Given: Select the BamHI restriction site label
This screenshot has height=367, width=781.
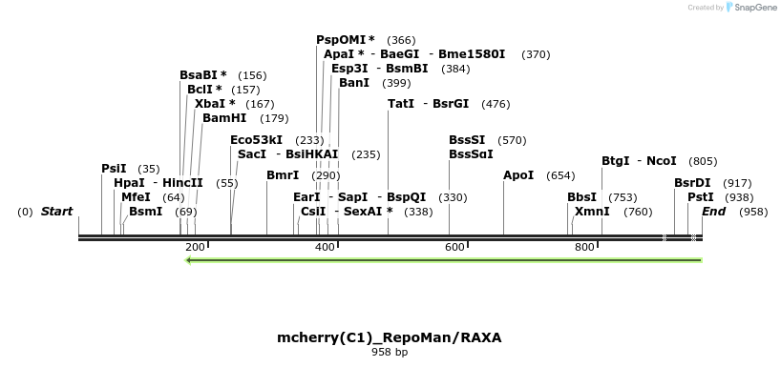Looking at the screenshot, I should pos(224,118).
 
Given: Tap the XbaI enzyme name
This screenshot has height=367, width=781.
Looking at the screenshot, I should pos(210,104).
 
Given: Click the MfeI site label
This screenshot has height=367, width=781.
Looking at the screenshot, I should pos(136,197).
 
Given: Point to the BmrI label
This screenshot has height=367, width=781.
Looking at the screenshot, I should pos(283,175).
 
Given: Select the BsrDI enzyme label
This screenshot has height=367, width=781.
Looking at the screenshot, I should pos(692,183).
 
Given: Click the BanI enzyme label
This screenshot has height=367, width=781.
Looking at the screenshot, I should pos(354,83).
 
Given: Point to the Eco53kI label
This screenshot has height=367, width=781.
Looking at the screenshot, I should pos(256,140).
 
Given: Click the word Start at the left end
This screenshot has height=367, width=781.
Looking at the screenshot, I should pos(57,212).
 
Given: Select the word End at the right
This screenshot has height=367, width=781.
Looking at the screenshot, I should pos(714,212).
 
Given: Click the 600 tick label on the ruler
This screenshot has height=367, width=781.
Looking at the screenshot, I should pos(454,248).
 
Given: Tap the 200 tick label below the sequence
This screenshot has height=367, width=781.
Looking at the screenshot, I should pos(195,248).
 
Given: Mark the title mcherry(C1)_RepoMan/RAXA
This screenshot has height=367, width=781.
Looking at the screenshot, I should pos(389,337).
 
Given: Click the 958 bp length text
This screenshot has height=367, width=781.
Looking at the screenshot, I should pos(389,353).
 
